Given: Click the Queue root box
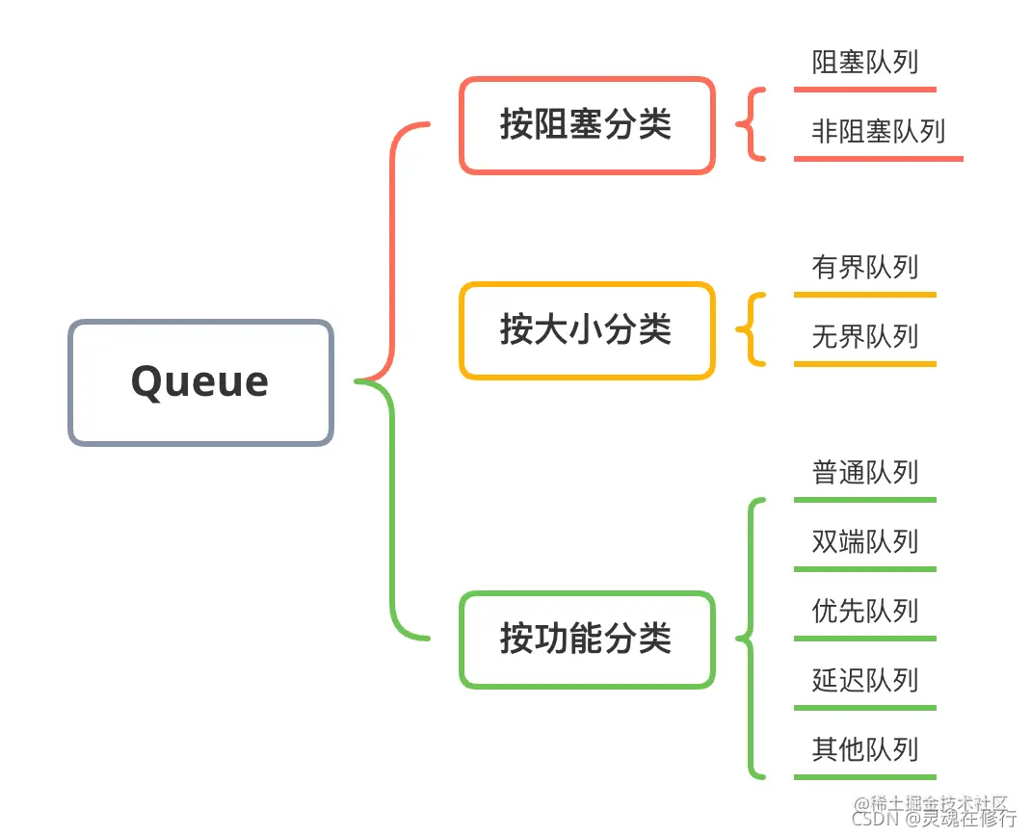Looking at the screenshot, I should [200, 382].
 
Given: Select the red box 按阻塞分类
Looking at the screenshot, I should [587, 125].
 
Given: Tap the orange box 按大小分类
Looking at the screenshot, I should [587, 330].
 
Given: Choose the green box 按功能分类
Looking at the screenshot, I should [587, 640].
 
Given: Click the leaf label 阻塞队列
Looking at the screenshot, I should [864, 64].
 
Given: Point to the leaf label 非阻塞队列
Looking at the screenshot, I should [878, 132].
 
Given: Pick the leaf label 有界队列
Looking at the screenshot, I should [864, 268].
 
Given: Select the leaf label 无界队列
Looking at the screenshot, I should [864, 337].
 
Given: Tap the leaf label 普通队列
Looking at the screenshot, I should [864, 473].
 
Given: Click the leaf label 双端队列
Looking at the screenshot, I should [864, 542].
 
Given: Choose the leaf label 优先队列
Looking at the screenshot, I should [864, 612].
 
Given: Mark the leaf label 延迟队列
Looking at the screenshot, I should [864, 681].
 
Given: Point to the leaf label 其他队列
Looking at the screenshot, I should [864, 750].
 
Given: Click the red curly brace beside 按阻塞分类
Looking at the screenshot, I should [749, 124].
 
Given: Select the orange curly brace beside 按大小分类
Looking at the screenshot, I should [749, 329].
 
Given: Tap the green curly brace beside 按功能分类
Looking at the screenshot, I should [749, 638].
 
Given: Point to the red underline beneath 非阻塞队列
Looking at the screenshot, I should [878, 159].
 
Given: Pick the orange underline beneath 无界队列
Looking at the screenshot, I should [864, 364].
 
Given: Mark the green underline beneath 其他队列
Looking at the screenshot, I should [864, 776].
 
